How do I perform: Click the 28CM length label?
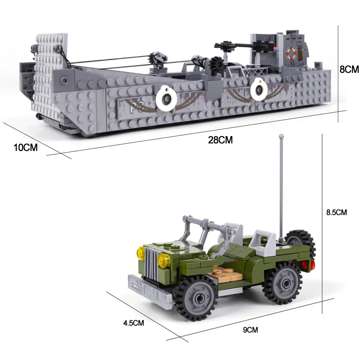click(x=220, y=140)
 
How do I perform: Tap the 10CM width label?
click(x=26, y=148)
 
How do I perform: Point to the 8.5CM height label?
click(x=336, y=212)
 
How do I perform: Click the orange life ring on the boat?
click(x=291, y=53)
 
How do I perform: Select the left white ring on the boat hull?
click(x=166, y=96)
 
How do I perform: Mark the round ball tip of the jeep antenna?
click(x=281, y=136)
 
